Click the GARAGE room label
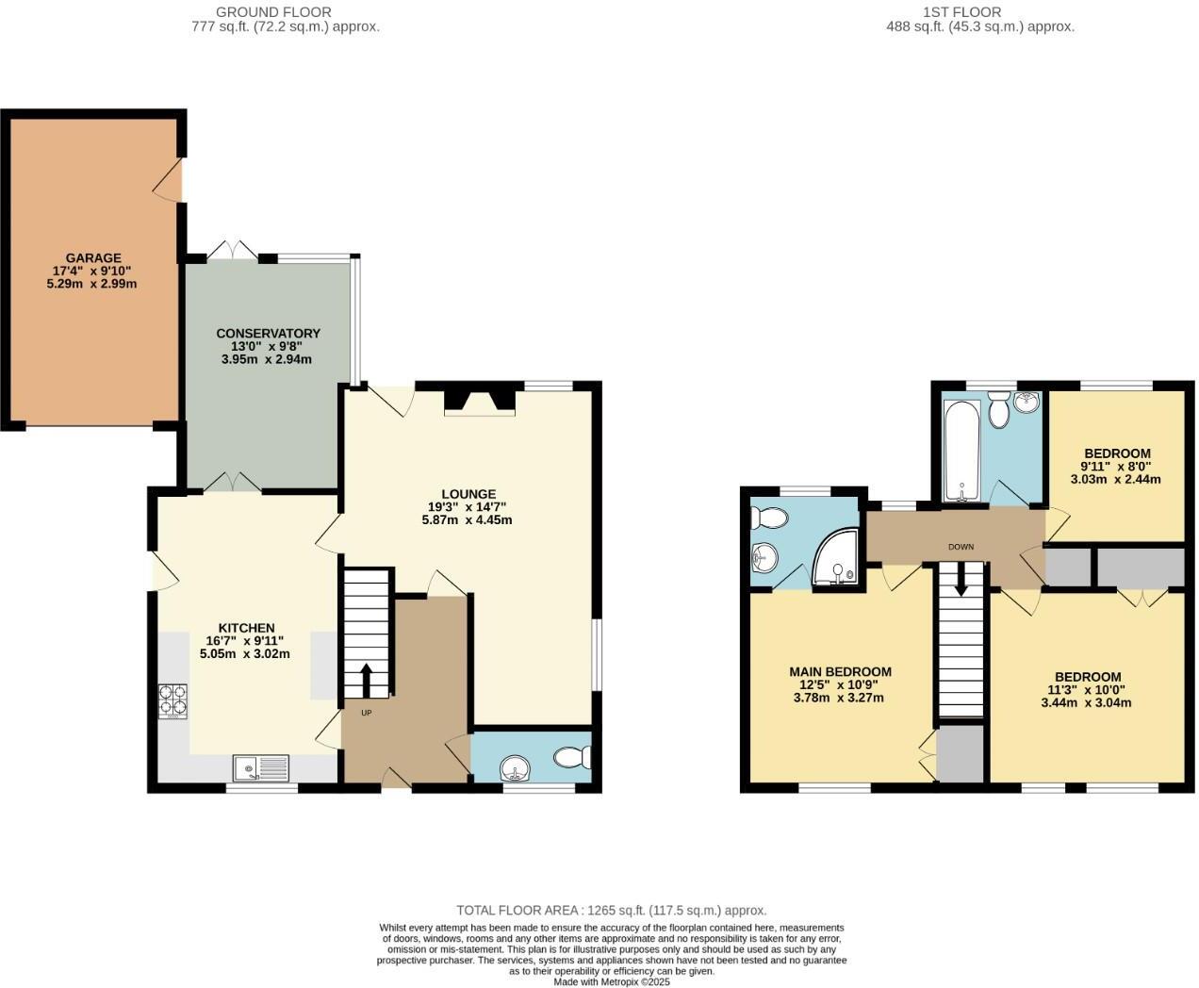click(92, 257)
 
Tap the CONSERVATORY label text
click(268, 333)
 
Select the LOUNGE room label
click(468, 494)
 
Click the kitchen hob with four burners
click(172, 700)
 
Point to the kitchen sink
click(261, 768)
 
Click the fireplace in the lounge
click(481, 400)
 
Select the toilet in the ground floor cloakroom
click(572, 757)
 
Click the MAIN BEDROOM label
click(840, 672)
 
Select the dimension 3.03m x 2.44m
click(1115, 479)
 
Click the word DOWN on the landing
click(961, 547)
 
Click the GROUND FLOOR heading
click(273, 12)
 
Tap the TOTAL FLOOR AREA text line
click(611, 911)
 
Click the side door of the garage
click(170, 180)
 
